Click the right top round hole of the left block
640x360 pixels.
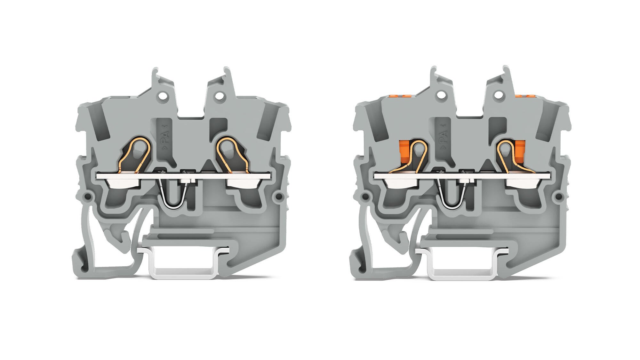pyautogui.click(x=220, y=95)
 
